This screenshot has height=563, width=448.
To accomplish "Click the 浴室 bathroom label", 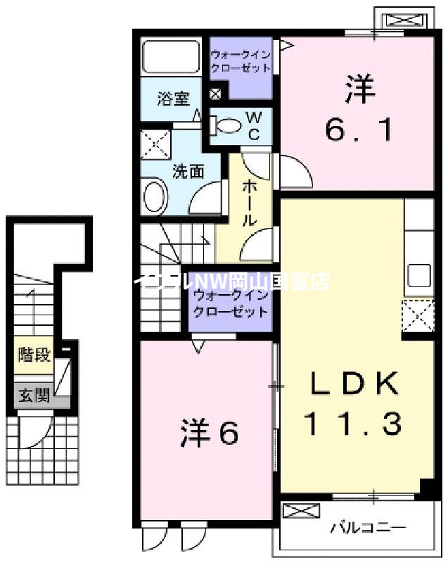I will [x=173, y=99].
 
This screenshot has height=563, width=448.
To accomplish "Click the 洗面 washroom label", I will [x=188, y=170].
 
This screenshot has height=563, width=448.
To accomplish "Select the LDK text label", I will [x=355, y=384].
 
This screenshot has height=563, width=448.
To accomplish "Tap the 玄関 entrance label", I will [x=34, y=396].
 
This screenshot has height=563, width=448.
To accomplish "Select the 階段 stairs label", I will [x=34, y=354].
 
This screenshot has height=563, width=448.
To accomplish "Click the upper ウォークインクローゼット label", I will [x=241, y=61].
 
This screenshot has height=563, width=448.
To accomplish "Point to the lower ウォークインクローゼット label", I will [x=230, y=303].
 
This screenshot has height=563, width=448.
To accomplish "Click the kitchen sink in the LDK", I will [x=418, y=274].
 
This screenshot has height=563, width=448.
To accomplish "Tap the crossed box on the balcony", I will [x=295, y=511].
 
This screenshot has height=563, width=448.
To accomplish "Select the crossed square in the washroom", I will [x=155, y=144].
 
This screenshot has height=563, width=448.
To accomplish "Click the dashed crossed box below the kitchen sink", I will [x=418, y=315].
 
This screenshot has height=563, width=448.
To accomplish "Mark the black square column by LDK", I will [x=426, y=487].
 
